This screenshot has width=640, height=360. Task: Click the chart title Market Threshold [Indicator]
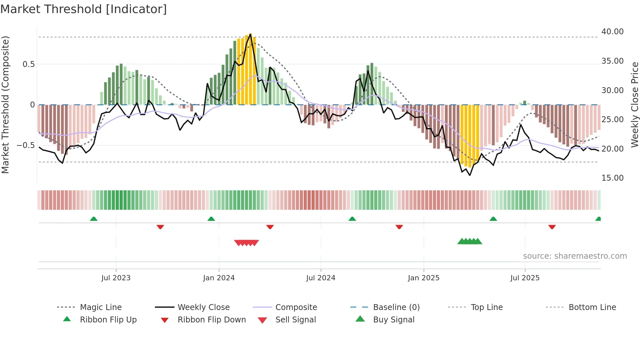tap(84, 9)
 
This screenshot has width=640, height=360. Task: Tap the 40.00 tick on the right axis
tap(612, 32)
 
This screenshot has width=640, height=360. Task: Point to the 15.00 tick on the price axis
tap(612, 178)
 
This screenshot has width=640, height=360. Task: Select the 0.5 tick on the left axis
tap(29, 64)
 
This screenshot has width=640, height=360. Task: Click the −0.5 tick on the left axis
tap(26, 145)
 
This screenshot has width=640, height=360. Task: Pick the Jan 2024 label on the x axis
tap(219, 278)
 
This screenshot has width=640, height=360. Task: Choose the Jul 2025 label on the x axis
tap(525, 278)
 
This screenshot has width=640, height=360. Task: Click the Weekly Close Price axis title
tap(634, 105)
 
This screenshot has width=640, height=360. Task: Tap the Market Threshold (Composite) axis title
tap(5, 105)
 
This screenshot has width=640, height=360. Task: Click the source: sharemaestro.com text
tap(575, 256)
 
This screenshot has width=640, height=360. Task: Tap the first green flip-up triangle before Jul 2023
tap(94, 219)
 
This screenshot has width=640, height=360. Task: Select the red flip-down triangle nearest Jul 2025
tap(552, 227)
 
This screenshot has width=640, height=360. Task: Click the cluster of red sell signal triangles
tap(247, 243)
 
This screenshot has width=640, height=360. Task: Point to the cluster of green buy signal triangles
tap(470, 241)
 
